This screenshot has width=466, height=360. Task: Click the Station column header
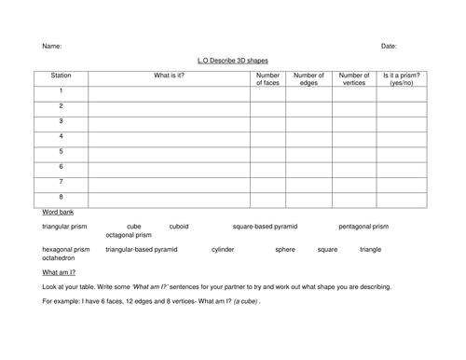click(61, 75)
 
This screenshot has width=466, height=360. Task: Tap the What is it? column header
click(169, 75)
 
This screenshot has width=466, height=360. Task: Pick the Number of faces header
click(267, 78)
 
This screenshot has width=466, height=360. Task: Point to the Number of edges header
click(308, 78)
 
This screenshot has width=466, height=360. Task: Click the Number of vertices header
click(353, 78)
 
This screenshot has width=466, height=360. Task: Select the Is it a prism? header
click(402, 78)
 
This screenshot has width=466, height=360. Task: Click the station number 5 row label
click(61, 150)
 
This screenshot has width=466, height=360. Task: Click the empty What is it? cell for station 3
click(169, 121)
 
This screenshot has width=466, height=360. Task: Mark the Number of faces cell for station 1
click(267, 91)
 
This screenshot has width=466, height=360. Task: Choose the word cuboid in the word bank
click(178, 227)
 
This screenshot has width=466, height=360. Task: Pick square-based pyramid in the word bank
click(265, 227)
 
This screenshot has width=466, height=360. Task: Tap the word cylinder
click(223, 250)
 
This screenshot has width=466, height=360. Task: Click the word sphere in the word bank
click(284, 250)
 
